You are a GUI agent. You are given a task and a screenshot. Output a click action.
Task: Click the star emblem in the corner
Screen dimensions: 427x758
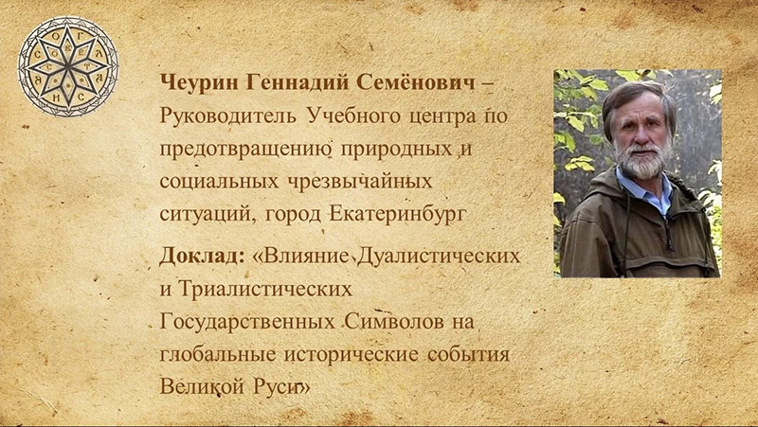[x=69, y=65]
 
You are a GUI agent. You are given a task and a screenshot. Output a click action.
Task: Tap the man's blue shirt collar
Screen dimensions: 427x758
[x=656, y=194]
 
